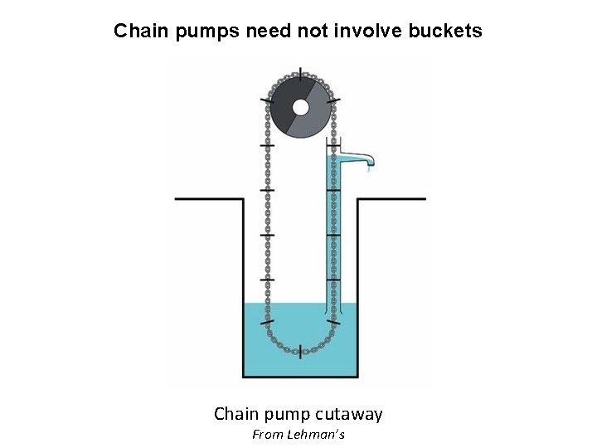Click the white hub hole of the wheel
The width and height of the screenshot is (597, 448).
click(300, 107)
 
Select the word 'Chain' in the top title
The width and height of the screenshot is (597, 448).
click(139, 32)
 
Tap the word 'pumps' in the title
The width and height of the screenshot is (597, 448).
click(202, 32)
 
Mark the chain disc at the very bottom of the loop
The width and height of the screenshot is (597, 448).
click(299, 350)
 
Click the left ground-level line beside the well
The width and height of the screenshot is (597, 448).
click(207, 199)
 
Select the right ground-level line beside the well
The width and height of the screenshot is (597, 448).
click(391, 199)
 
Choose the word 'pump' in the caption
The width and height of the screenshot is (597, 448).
click(287, 413)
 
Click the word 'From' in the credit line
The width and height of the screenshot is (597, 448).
click(266, 435)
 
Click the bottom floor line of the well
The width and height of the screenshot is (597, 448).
click(300, 377)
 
